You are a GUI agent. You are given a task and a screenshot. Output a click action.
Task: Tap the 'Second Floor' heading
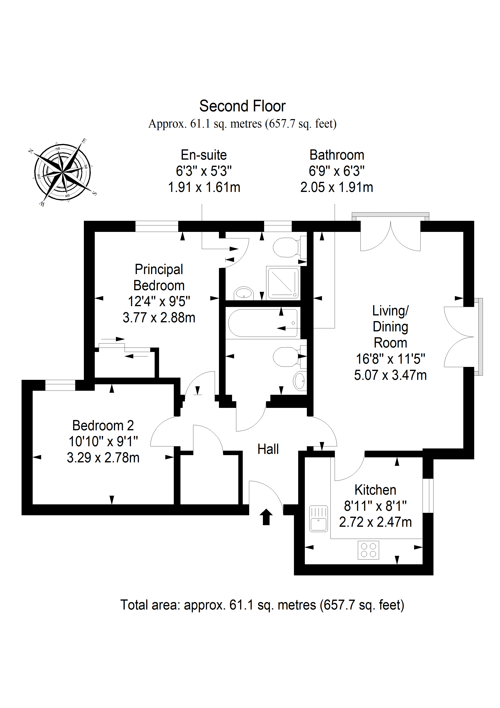[243, 106]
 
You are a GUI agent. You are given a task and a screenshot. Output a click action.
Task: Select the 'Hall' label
[268, 449]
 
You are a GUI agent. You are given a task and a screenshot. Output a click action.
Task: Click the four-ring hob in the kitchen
[368, 550]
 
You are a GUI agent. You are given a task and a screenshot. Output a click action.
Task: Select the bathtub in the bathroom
[263, 323]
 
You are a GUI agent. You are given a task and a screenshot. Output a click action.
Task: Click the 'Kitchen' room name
[375, 490]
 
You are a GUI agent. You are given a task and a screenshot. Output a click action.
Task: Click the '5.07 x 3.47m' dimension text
[390, 375]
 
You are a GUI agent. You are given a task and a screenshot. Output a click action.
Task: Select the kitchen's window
[428, 495]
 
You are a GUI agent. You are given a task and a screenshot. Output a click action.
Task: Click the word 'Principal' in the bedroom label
[159, 269]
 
